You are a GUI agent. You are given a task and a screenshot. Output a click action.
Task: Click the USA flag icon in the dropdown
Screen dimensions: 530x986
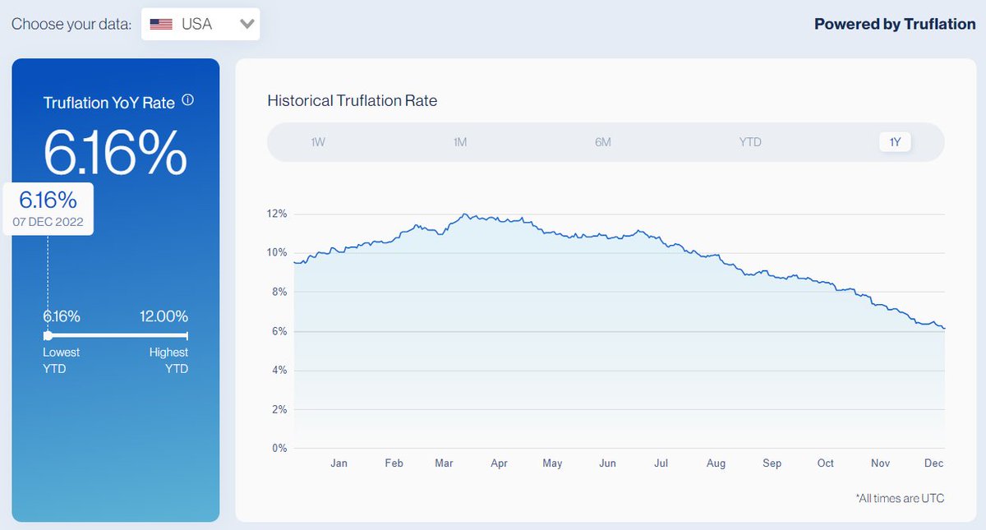(161, 24)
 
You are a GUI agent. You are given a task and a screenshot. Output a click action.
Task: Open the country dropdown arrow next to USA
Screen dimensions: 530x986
(246, 24)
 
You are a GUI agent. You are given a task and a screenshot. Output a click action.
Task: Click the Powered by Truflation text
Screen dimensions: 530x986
(894, 24)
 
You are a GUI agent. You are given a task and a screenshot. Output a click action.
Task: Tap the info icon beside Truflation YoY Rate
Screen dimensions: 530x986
(187, 100)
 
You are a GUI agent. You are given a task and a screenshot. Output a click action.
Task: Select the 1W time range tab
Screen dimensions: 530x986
(318, 142)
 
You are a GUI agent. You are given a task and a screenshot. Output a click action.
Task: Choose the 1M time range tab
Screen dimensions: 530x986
(460, 142)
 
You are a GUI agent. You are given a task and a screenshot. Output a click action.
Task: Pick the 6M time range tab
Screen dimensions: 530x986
(603, 142)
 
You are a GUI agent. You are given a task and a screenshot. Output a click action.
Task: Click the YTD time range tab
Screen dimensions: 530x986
(750, 142)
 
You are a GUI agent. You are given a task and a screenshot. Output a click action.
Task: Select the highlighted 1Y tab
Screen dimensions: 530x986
(895, 142)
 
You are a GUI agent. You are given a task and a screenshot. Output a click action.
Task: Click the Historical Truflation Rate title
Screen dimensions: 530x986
(352, 100)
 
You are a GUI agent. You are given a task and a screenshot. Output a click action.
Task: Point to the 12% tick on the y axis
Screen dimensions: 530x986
(277, 214)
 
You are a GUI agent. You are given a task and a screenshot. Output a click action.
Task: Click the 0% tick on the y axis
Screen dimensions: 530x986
(279, 449)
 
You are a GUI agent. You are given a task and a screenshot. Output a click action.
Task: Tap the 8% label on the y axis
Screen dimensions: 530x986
(279, 292)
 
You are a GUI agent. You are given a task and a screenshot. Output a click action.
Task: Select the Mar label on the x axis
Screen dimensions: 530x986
(444, 463)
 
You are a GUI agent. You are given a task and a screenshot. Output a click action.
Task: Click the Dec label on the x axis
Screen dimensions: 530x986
(933, 463)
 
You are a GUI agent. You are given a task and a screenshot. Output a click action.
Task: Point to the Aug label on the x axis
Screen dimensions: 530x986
(716, 463)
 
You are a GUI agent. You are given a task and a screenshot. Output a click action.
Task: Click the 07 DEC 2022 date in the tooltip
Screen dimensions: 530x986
(48, 222)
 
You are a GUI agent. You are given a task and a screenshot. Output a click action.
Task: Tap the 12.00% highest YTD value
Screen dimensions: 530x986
(163, 316)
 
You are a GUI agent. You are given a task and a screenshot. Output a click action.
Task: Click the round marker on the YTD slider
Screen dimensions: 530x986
(48, 335)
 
